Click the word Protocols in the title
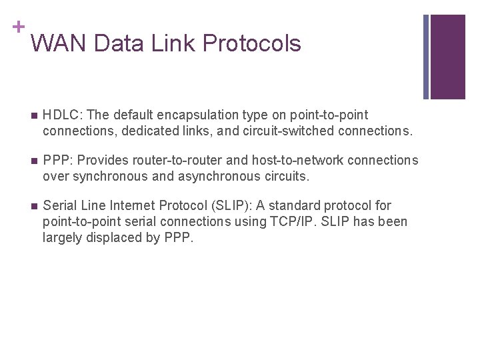coord(252,43)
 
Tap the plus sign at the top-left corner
coord(18,27)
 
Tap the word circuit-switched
coord(285,131)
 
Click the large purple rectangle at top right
coord(448,57)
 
